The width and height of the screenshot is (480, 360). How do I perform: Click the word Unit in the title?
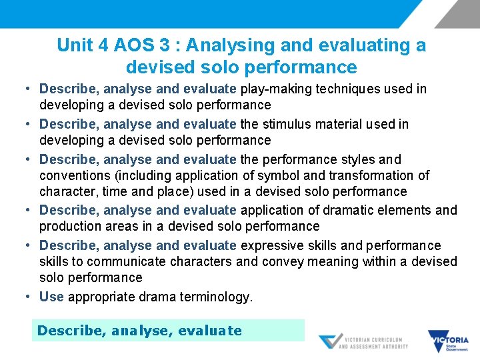point(73,45)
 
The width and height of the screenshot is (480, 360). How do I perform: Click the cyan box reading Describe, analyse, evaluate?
point(168,331)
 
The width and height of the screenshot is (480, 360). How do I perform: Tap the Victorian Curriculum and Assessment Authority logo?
point(363,342)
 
